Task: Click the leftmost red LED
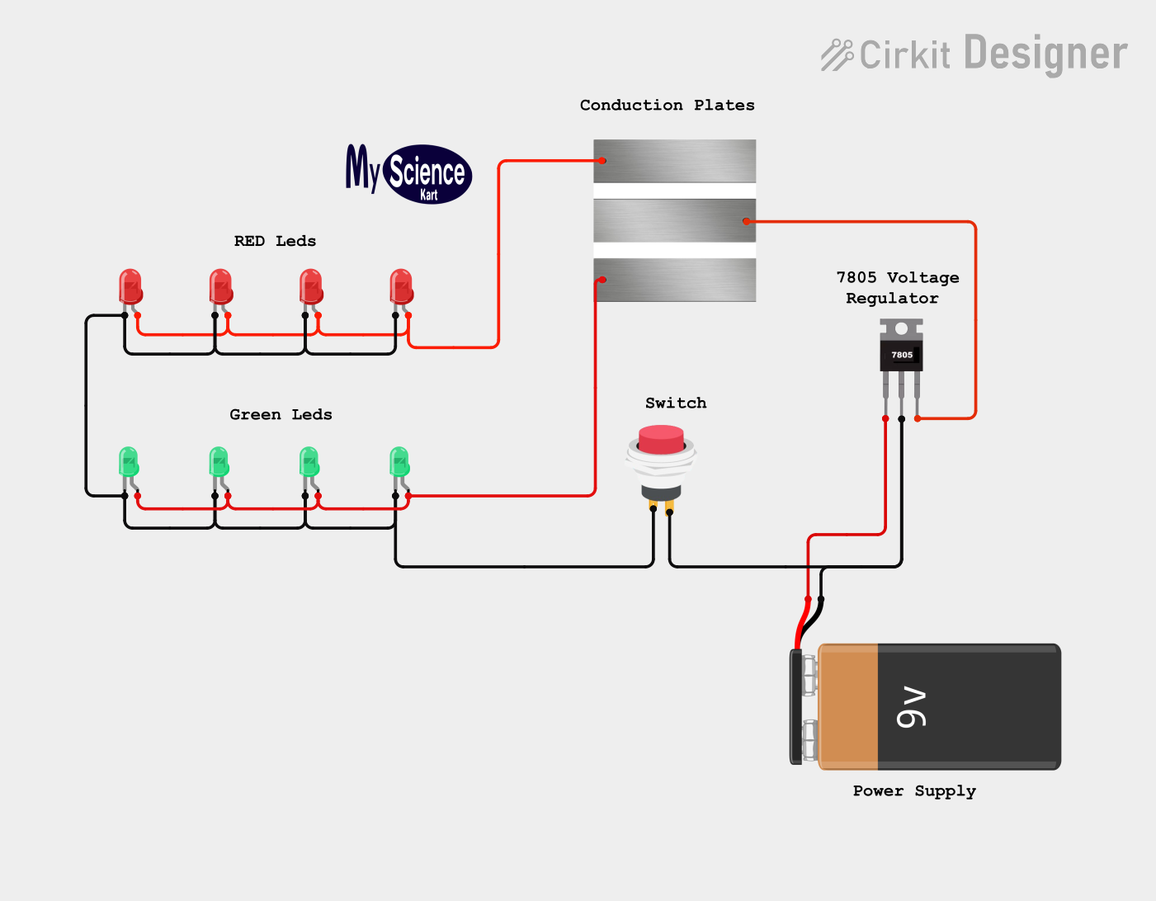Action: [x=130, y=287]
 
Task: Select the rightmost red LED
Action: [x=401, y=287]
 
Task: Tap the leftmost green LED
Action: [x=128, y=462]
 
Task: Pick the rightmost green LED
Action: [x=399, y=462]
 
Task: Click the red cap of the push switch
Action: [x=661, y=439]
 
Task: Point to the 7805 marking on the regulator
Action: [x=902, y=355]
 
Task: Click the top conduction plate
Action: [x=675, y=161]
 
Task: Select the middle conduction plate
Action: [x=675, y=220]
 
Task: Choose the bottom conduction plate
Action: [x=675, y=280]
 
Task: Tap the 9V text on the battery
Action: [x=913, y=707]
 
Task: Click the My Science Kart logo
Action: [x=409, y=173]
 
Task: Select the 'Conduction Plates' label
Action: [x=667, y=105]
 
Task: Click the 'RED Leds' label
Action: [x=275, y=241]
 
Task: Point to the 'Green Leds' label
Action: [x=281, y=414]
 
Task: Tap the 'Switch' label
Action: [x=676, y=403]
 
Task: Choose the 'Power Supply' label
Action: [x=914, y=790]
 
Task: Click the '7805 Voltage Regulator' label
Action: [x=897, y=287]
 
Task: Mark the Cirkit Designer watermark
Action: [x=974, y=54]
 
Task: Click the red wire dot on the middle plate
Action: [x=746, y=221]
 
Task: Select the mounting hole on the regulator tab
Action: [x=901, y=328]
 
